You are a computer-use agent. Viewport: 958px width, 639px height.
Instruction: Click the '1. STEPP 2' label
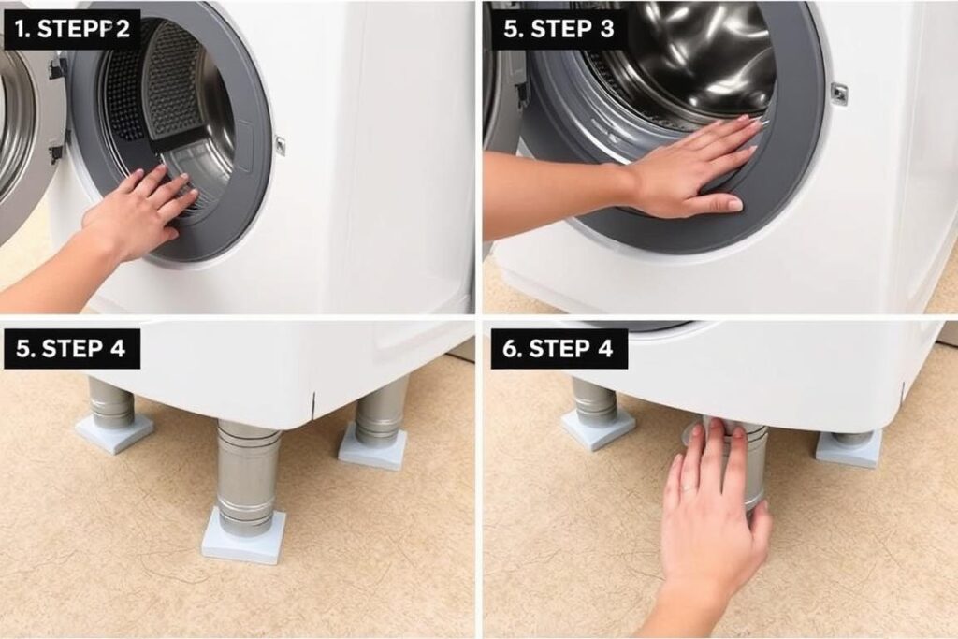[x=73, y=29]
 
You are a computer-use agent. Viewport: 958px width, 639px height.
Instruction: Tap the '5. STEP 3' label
[x=559, y=29]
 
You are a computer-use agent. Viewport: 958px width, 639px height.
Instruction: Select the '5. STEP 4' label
[x=71, y=348]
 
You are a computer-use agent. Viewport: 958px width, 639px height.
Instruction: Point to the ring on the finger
[x=688, y=487]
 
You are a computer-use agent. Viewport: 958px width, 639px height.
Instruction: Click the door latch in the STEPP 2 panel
[x=281, y=145]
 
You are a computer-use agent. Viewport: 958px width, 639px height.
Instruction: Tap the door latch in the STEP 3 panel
[x=839, y=93]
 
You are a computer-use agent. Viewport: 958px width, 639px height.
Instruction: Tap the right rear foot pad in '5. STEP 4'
[x=372, y=449]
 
